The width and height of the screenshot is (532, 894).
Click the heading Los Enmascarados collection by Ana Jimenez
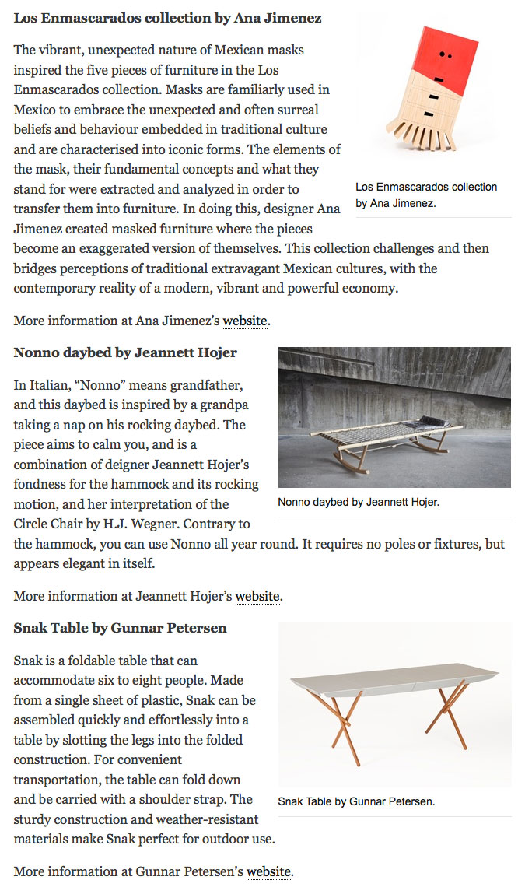[167, 17]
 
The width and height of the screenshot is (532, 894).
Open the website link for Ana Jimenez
[246, 320]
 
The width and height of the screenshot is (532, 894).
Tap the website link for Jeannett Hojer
[258, 597]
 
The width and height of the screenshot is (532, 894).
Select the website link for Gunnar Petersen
[269, 871]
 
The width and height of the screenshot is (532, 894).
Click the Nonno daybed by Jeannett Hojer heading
[125, 352]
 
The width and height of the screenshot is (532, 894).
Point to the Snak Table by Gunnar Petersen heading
[120, 628]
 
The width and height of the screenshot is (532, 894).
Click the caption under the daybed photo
[359, 502]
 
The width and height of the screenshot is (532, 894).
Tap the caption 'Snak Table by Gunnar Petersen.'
[356, 801]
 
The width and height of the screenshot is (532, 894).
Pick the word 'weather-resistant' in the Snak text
[208, 819]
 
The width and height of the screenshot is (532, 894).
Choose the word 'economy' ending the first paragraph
[371, 288]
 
